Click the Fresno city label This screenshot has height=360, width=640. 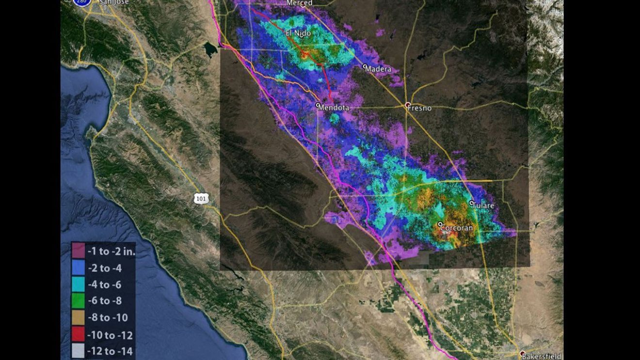[x=420, y=108]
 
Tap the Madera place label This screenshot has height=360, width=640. [x=378, y=69]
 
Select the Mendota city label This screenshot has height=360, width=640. [x=333, y=108]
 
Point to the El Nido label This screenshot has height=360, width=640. [x=298, y=33]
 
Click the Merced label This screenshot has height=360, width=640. [x=300, y=3]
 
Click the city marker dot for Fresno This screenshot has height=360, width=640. [x=408, y=105]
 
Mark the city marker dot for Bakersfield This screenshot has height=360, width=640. [x=522, y=354]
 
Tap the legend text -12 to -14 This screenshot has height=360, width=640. [x=110, y=351]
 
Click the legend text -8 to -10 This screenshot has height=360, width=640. [x=107, y=318]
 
